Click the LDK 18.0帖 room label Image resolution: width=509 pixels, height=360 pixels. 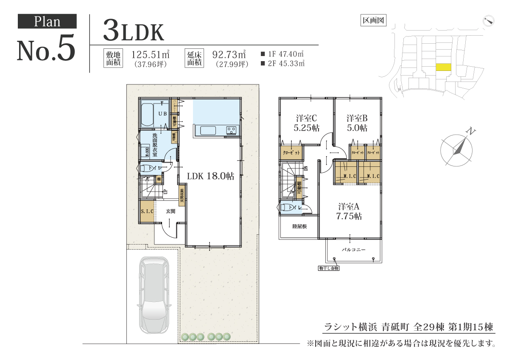(x=208, y=175)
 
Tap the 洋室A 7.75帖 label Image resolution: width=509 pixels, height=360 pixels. (x=350, y=211)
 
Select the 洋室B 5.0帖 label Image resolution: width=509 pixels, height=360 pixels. (x=356, y=123)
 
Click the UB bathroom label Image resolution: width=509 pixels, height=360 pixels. (x=162, y=114)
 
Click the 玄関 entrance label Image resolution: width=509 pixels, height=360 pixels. (x=171, y=211)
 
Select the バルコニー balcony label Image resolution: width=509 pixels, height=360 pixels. (x=353, y=250)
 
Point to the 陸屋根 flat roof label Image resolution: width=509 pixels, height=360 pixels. (x=299, y=226)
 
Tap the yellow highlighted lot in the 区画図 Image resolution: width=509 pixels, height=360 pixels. (x=443, y=67)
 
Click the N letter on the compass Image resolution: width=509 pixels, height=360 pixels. (x=470, y=132)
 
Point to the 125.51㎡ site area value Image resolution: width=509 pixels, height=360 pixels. (x=151, y=54)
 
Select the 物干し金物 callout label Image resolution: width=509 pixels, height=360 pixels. (x=329, y=268)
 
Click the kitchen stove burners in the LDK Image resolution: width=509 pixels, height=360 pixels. (x=232, y=130)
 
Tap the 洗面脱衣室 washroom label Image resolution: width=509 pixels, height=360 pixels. (x=155, y=145)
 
